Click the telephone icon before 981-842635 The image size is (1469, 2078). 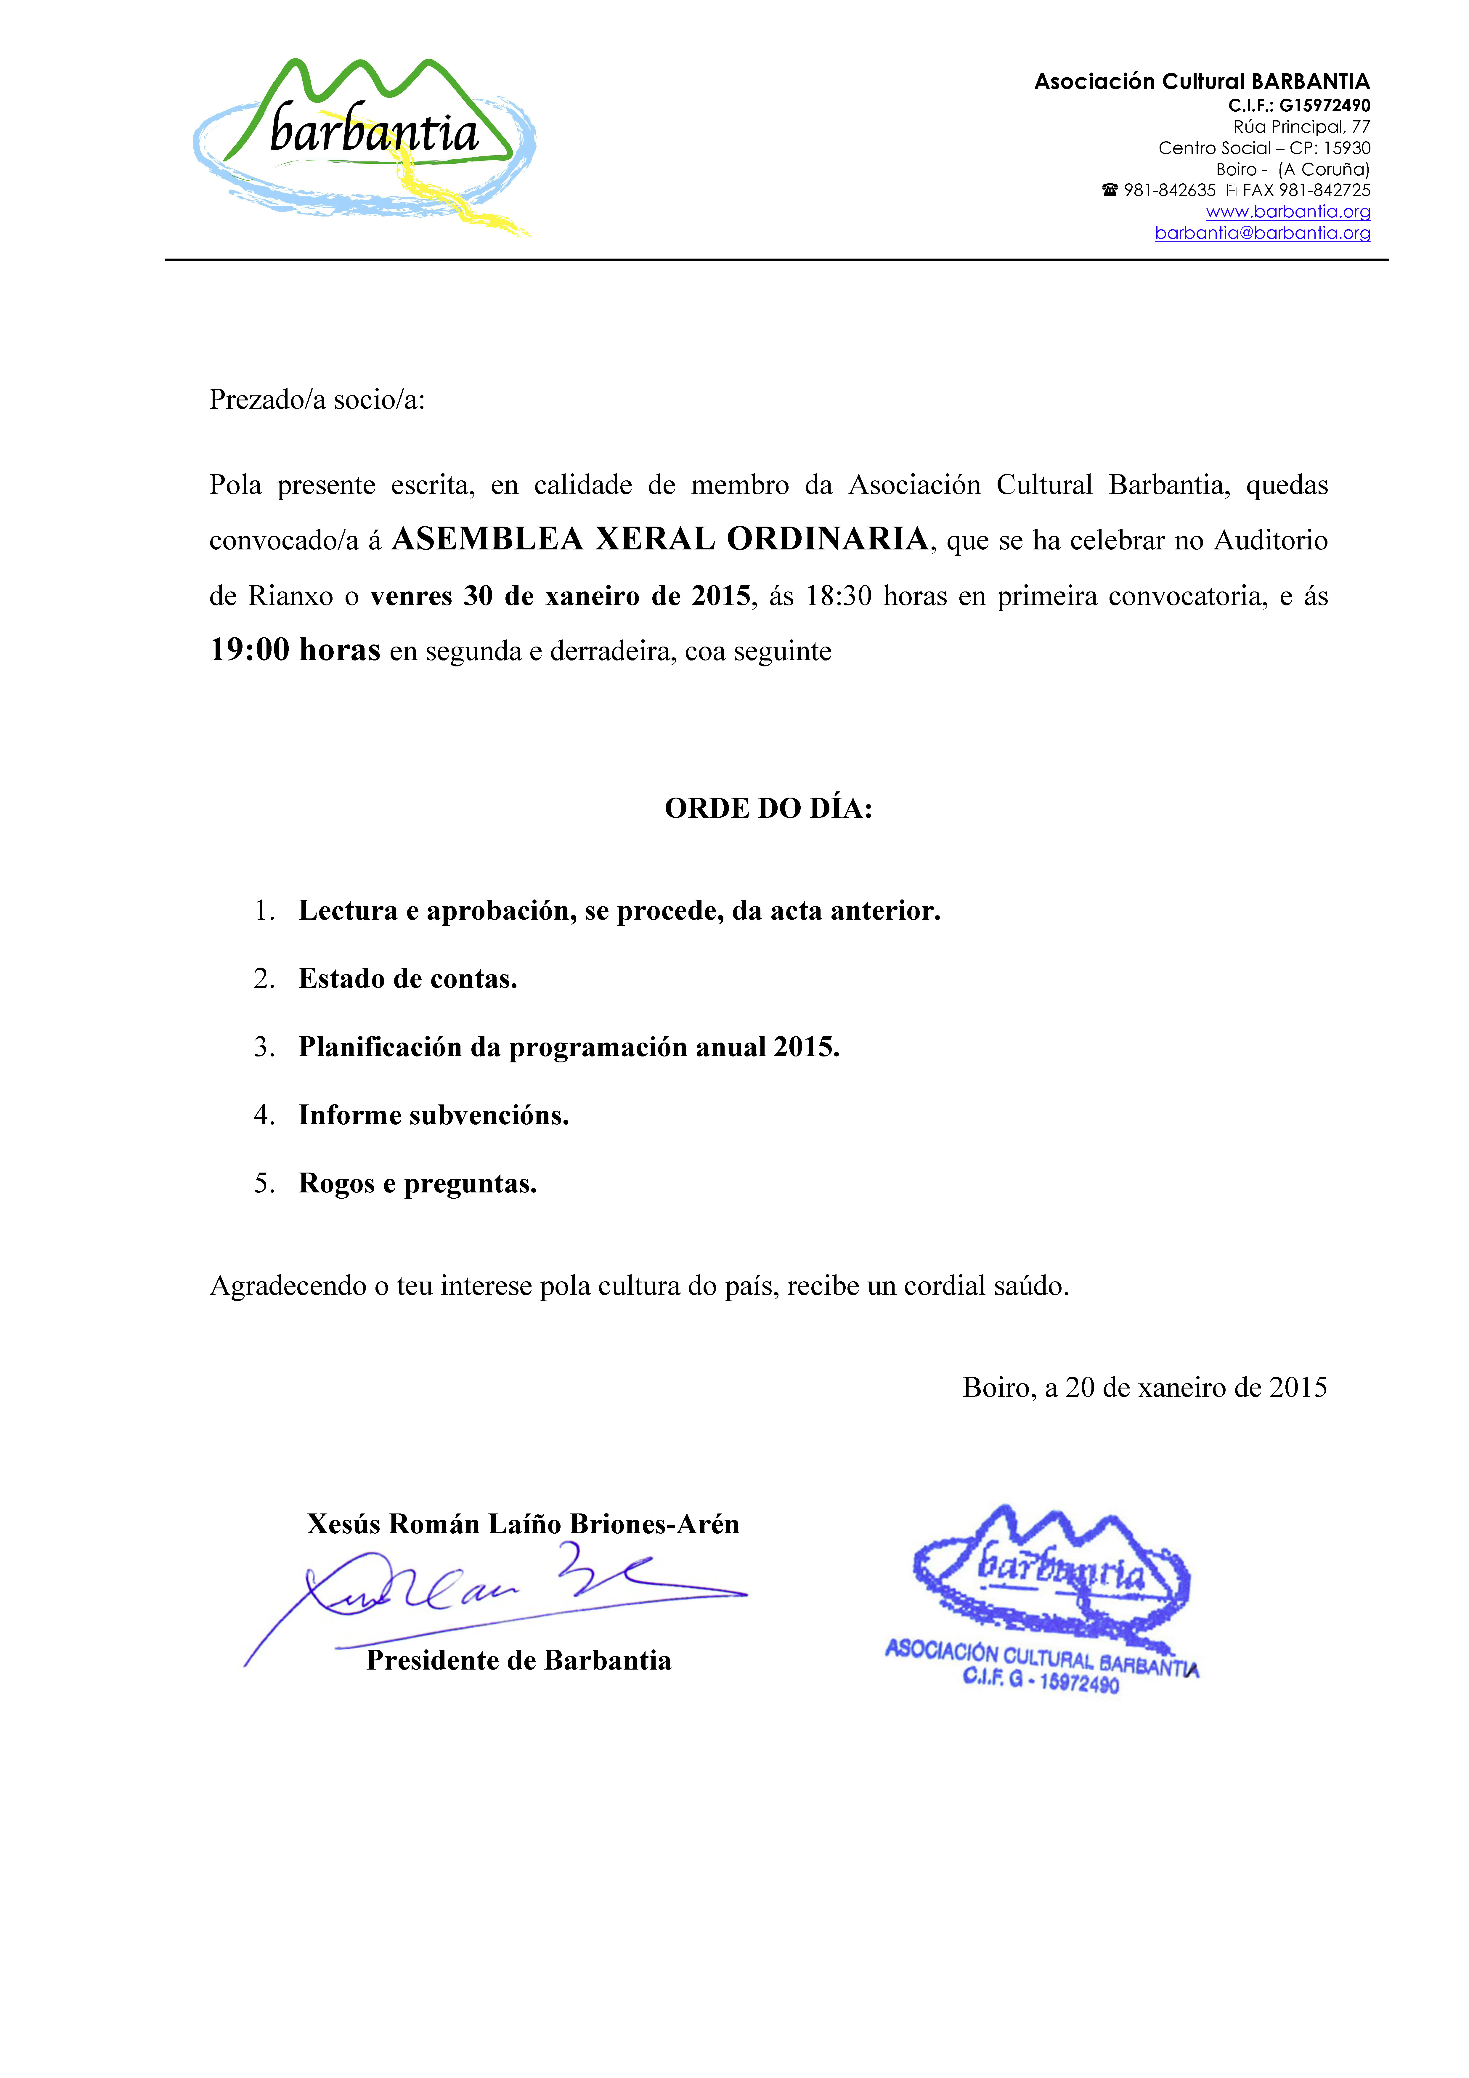[x=1110, y=190]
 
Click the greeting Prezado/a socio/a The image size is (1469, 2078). [x=317, y=399]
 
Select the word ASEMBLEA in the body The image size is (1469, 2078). [x=487, y=539]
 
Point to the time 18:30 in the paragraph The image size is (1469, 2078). [x=839, y=597]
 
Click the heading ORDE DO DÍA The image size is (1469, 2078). [x=768, y=808]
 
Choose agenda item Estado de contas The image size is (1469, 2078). [x=407, y=978]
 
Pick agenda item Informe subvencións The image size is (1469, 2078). [x=434, y=1115]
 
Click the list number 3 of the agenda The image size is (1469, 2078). [x=262, y=1047]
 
